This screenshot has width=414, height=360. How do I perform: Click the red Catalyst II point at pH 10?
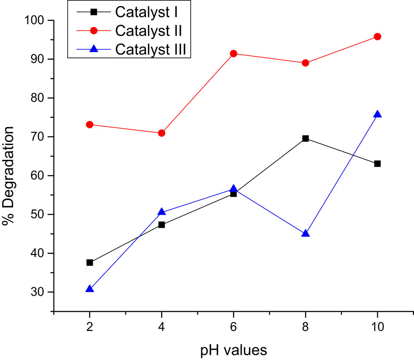pos(377,37)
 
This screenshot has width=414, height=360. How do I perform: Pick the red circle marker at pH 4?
pos(161,133)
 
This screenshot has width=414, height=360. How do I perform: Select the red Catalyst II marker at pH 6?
pos(233,54)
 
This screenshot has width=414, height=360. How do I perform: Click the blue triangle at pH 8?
pos(305,233)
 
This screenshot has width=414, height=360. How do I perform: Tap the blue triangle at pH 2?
pos(89,289)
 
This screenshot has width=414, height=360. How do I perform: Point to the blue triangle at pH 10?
pos(377,114)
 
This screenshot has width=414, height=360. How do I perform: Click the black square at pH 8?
pos(305,139)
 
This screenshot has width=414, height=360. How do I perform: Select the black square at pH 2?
pos(89,263)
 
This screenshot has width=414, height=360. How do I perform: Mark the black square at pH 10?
pos(377,164)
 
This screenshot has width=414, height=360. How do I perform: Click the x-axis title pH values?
pos(234,350)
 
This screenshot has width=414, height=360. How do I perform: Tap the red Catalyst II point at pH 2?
pos(89,125)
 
